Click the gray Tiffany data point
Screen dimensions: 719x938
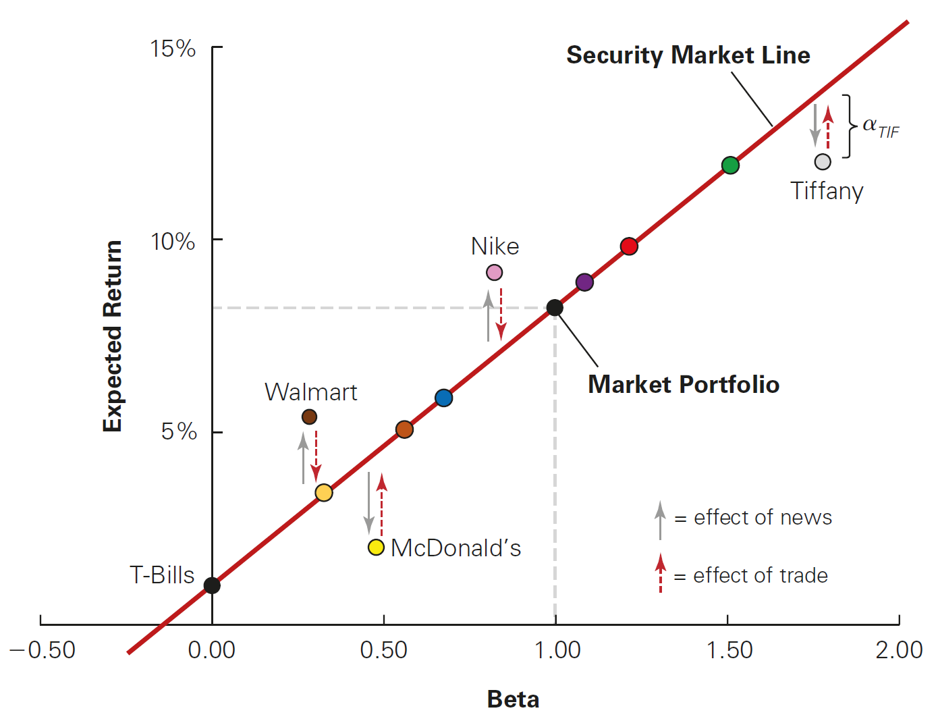822,162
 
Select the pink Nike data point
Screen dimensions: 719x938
494,273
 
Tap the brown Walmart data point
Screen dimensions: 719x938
309,417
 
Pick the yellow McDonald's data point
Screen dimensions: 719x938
376,547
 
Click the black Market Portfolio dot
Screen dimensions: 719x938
555,308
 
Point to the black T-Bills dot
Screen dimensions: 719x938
212,585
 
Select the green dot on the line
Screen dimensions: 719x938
730,165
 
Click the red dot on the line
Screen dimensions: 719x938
629,246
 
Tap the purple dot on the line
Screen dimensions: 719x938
584,282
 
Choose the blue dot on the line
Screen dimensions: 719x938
443,398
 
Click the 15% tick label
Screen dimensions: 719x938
173,49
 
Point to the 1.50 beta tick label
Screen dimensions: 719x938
729,650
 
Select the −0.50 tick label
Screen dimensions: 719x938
42,650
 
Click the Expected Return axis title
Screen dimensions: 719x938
113,336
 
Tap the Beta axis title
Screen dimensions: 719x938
513,699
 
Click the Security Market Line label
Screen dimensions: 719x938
688,55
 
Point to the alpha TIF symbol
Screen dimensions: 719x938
880,126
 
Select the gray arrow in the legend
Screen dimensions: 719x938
660,520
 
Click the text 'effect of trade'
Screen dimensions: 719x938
760,576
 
